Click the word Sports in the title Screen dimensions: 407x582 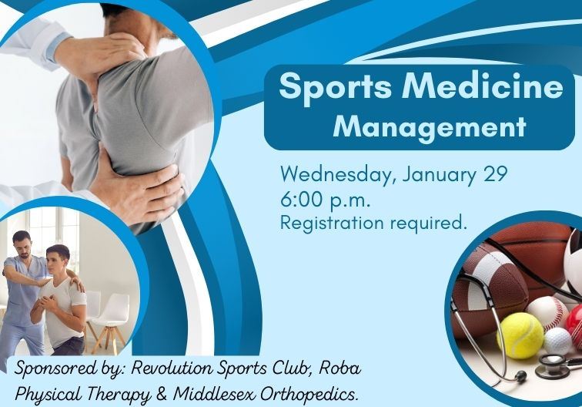[x=328, y=87]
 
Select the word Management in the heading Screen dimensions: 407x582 [x=429, y=126]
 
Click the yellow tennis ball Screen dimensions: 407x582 [x=520, y=335]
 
